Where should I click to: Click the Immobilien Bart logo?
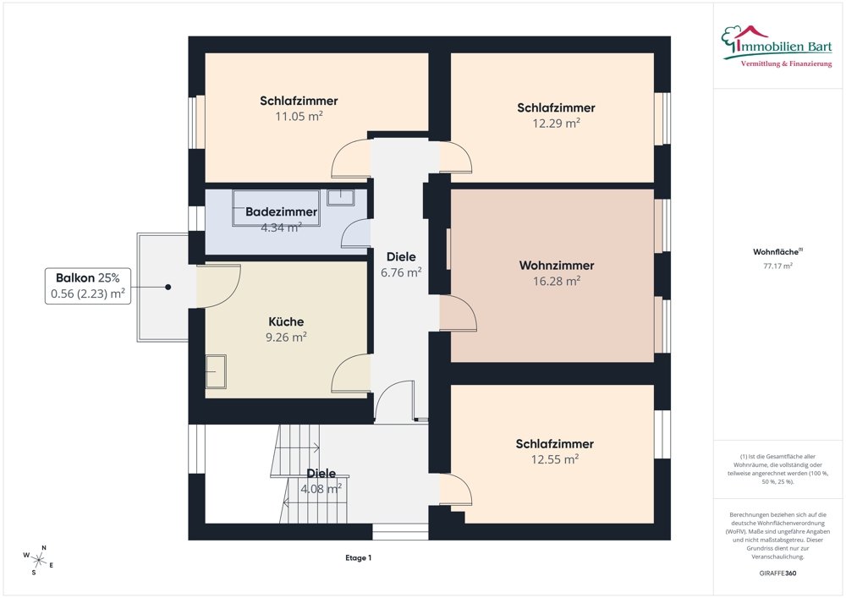777,46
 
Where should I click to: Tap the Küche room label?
286,322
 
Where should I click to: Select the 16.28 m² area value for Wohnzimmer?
557,281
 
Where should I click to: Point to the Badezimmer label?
281,212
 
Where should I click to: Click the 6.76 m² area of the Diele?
401,272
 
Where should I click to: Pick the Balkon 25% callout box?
88,286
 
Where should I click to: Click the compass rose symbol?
38,561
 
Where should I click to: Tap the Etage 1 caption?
358,558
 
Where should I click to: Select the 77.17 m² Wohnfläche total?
777,266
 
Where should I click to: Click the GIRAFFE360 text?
777,573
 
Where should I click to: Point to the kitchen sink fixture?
216,371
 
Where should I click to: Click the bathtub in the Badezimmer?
277,207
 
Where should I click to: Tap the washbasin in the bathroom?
341,197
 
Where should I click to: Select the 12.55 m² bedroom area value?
555,459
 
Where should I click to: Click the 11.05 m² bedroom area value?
299,116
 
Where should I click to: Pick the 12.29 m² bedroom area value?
557,123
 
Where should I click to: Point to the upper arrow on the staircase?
299,447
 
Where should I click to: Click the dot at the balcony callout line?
168,287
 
